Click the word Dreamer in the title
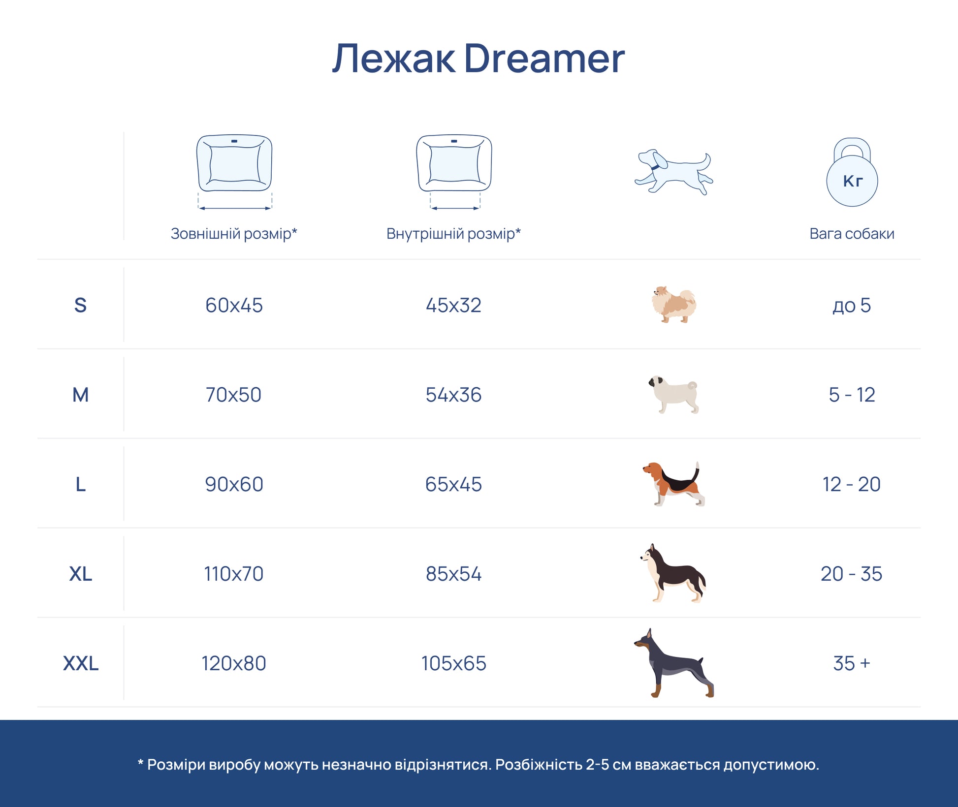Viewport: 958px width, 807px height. (x=544, y=59)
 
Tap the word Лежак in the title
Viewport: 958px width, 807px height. (x=394, y=59)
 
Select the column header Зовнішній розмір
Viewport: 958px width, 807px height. (x=234, y=234)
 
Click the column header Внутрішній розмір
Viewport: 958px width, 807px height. (x=453, y=234)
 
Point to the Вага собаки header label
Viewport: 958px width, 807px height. (x=852, y=234)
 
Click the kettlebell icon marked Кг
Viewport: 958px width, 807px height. (x=852, y=172)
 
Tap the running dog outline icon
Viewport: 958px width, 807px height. (x=673, y=172)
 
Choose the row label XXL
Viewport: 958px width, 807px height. (x=81, y=663)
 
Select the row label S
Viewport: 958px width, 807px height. (x=80, y=305)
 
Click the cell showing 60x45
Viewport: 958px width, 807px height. (x=234, y=305)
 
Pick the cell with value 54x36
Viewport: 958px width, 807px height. (x=453, y=395)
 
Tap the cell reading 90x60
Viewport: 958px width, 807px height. (x=234, y=484)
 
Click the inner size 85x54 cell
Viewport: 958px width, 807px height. (x=453, y=574)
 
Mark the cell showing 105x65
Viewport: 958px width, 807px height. (x=453, y=663)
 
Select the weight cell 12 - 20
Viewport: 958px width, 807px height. (x=852, y=484)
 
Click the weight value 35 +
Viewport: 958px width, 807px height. (x=852, y=663)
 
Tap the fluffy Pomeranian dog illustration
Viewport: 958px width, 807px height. (x=673, y=305)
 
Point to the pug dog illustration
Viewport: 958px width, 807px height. (x=673, y=395)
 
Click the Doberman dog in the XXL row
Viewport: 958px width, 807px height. (x=673, y=663)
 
